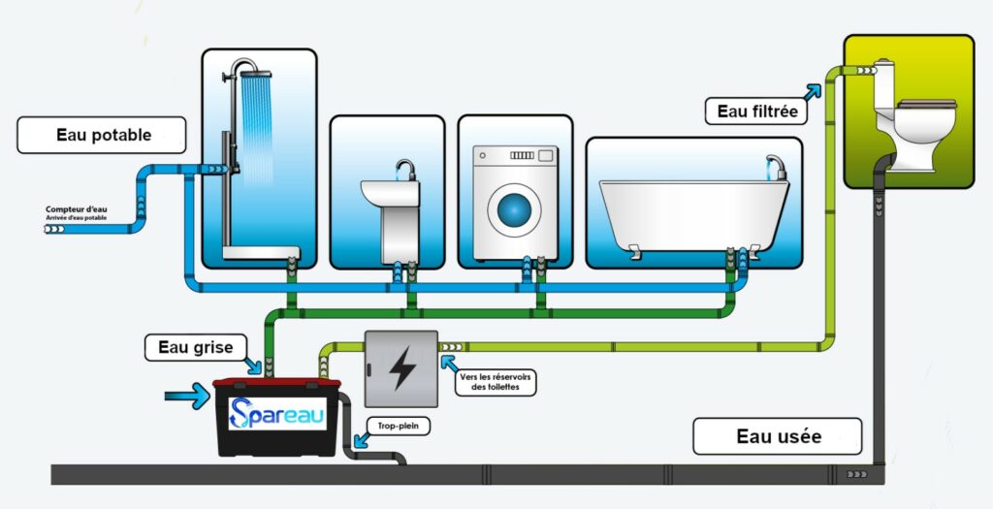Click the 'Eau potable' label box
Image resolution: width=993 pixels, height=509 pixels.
(x=101, y=136)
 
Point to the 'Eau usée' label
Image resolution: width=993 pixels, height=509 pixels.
(x=778, y=436)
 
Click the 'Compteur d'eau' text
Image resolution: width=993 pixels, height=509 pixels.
(x=75, y=208)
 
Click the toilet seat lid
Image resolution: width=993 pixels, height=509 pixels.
(x=926, y=103)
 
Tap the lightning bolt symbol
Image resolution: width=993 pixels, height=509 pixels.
(x=400, y=369)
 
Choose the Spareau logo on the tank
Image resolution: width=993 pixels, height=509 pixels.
(x=278, y=415)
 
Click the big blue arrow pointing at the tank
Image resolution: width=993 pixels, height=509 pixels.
(x=188, y=395)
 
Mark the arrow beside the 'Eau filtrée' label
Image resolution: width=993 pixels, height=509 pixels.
(x=811, y=92)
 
